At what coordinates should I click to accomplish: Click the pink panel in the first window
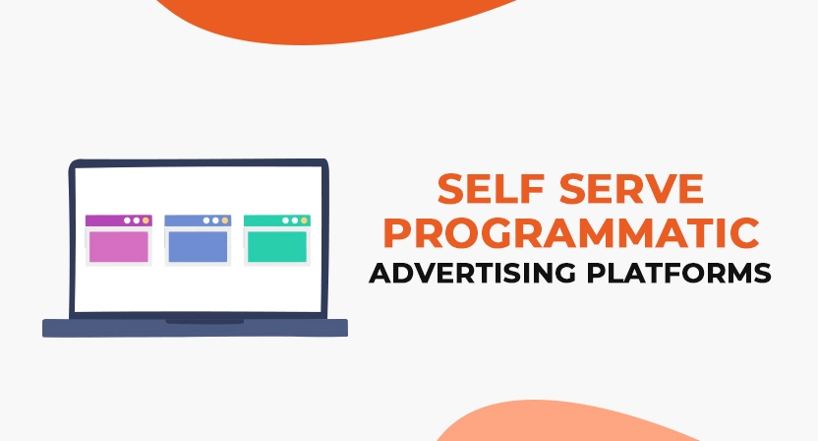118,247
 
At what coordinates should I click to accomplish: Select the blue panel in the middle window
198,247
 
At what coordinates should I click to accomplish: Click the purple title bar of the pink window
102,220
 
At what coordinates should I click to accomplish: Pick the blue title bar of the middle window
181,220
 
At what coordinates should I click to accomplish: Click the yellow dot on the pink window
146,220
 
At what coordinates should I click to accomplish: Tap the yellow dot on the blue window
225,220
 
